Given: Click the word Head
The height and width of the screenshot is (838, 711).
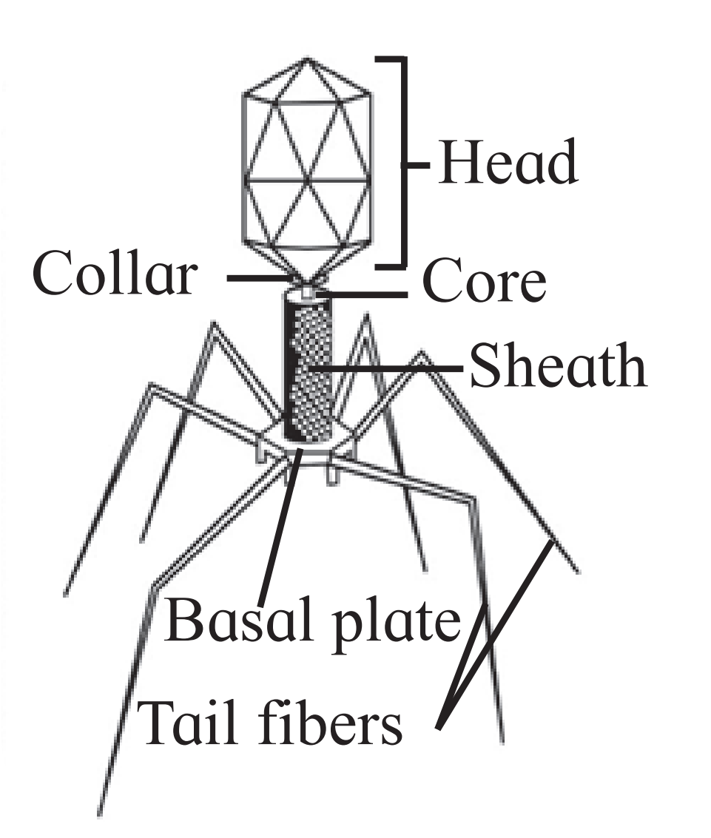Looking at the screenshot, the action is [507, 162].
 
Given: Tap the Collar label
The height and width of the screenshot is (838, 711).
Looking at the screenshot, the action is [115, 274].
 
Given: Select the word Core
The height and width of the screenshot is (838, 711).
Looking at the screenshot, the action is [484, 280].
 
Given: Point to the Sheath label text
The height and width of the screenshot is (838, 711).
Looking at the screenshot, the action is [558, 365].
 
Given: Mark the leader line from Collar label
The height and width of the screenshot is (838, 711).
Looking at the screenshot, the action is [261, 278].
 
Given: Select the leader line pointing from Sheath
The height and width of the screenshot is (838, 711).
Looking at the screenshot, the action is [387, 368].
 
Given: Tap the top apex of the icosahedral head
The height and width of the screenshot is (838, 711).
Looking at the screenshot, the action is [306, 57].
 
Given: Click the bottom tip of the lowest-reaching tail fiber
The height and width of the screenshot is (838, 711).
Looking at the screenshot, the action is [100, 814].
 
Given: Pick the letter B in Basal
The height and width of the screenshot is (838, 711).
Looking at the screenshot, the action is [182, 619].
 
